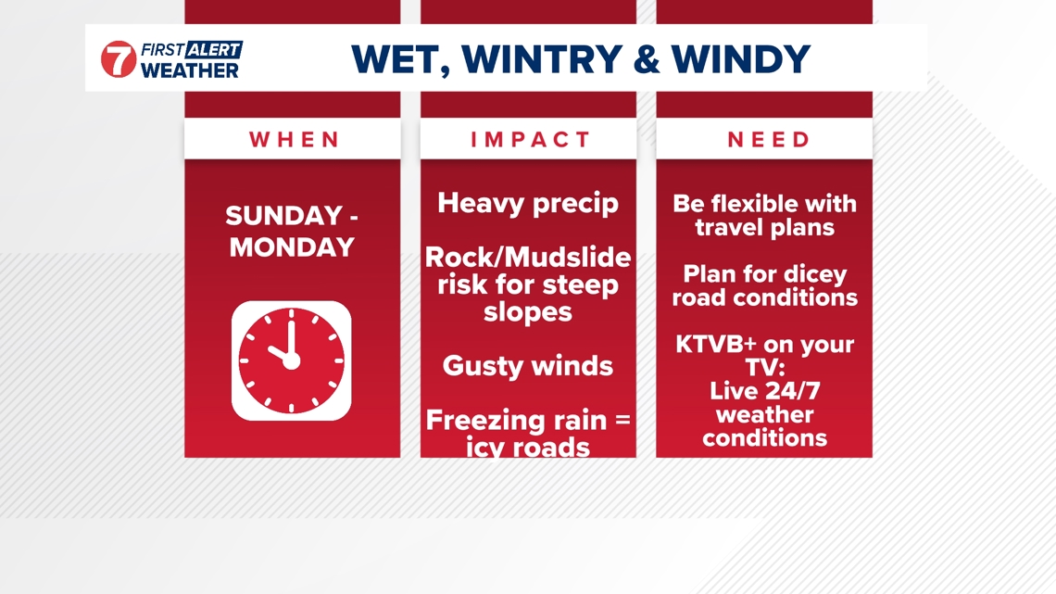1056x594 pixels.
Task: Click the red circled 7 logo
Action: [x=119, y=58]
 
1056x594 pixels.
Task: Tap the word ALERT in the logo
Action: [x=214, y=49]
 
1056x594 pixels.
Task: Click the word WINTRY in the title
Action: [x=542, y=58]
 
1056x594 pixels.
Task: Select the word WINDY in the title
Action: [x=741, y=58]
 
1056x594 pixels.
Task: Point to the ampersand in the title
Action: [x=647, y=58]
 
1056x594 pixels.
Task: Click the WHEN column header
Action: [x=295, y=139]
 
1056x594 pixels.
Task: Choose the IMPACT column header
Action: [x=530, y=139]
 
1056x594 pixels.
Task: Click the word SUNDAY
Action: [x=284, y=216]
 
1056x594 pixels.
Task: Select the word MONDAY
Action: [x=293, y=247]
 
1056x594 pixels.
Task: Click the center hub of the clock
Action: [x=291, y=361]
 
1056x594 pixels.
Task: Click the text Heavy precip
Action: [x=528, y=203]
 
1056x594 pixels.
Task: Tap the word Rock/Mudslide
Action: [x=528, y=258]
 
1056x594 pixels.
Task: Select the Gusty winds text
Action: [x=528, y=366]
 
